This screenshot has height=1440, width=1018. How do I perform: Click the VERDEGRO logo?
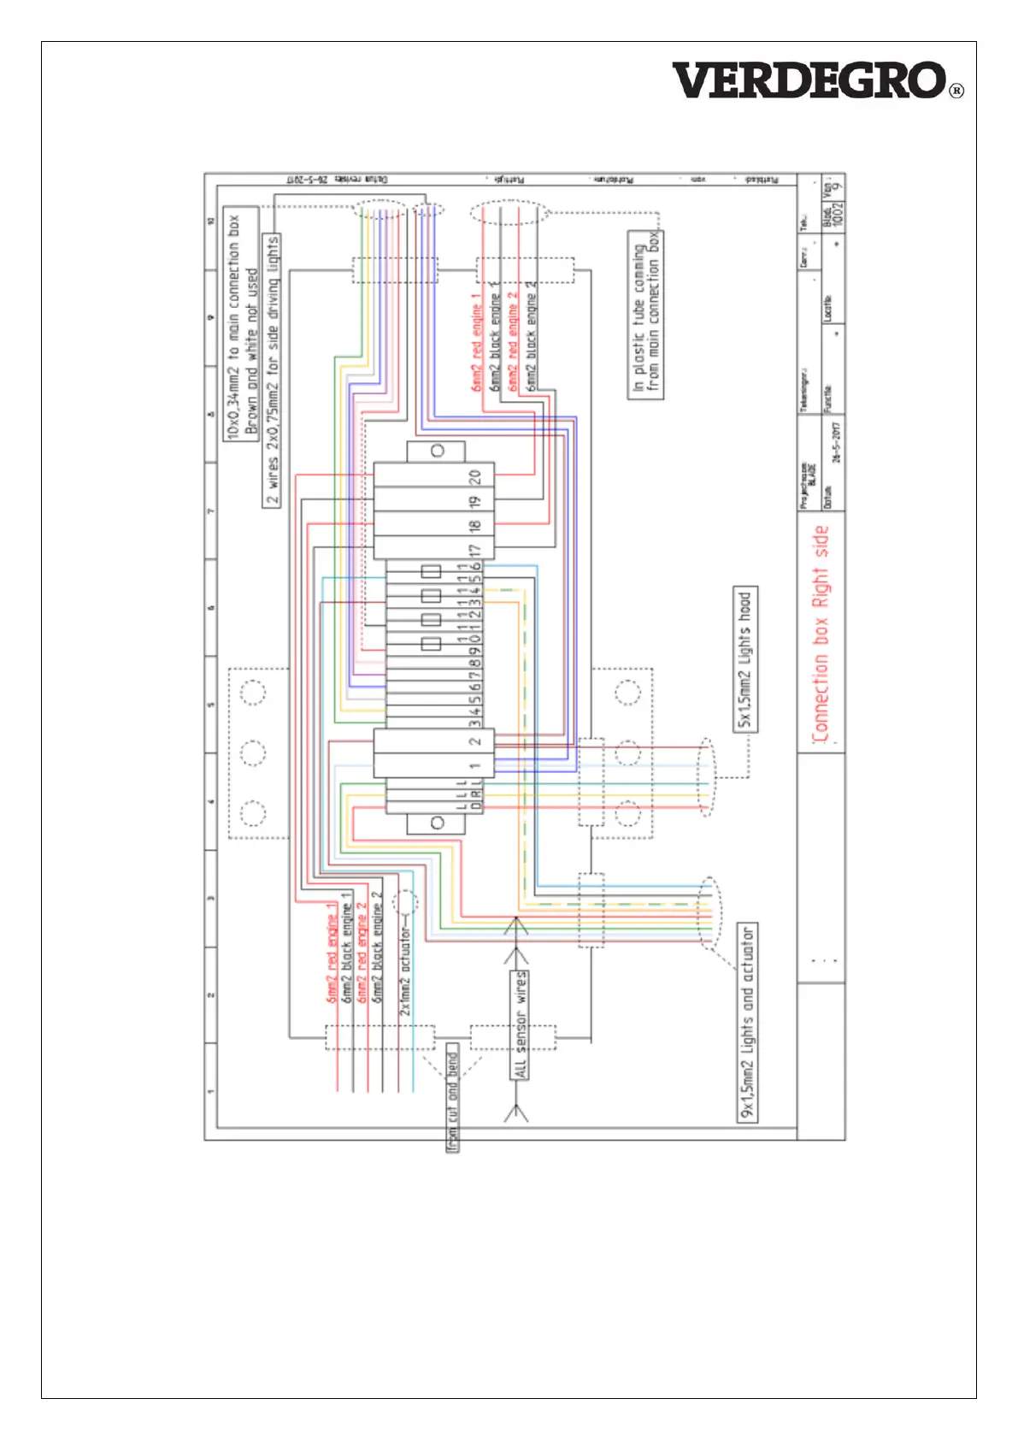point(809,80)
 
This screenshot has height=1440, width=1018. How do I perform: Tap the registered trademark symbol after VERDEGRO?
point(956,91)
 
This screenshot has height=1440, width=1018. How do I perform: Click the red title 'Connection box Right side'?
point(821,634)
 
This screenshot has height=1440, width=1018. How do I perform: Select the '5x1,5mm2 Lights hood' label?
point(745,659)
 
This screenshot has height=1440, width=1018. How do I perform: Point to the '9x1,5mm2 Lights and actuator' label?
point(747,1022)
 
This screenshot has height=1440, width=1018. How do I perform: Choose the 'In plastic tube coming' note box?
point(645,315)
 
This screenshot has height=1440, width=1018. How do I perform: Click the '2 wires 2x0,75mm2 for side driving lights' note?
point(272,370)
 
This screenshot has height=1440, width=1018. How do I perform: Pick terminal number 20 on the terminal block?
point(475,476)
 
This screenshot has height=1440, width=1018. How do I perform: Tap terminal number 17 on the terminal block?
point(475,550)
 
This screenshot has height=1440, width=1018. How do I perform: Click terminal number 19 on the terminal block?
point(475,500)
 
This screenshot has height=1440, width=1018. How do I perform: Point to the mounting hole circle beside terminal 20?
point(437,451)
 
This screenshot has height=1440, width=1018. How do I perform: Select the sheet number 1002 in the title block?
point(839,214)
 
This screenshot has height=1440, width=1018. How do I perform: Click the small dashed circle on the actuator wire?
point(404,901)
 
